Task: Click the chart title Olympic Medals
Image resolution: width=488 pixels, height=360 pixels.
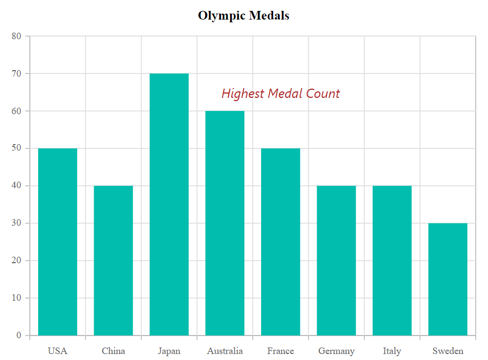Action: point(243,16)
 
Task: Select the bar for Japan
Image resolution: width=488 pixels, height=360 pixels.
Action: point(169,204)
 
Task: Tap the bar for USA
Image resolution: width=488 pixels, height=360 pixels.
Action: point(58,241)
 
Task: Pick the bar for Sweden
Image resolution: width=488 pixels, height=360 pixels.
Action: point(448,279)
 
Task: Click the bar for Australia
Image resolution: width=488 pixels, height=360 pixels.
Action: point(225,223)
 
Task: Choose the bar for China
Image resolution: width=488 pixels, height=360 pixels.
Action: point(113,260)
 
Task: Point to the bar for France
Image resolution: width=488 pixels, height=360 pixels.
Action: point(281,241)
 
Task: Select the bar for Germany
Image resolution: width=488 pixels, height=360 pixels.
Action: point(336,260)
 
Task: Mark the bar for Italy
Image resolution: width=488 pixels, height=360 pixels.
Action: point(392,260)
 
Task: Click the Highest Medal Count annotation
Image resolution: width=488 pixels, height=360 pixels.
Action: point(281,94)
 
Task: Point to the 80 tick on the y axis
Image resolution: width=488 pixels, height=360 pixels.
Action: point(16,36)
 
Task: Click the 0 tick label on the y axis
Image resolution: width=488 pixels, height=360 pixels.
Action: point(18,336)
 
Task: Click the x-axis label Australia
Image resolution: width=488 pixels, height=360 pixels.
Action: point(225,351)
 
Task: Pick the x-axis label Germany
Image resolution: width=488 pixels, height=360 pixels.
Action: point(336,351)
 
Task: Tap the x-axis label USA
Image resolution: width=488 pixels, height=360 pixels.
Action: point(58,351)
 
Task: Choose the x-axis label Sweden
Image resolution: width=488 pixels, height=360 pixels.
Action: point(448,351)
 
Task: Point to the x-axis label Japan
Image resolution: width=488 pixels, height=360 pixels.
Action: point(169,351)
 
